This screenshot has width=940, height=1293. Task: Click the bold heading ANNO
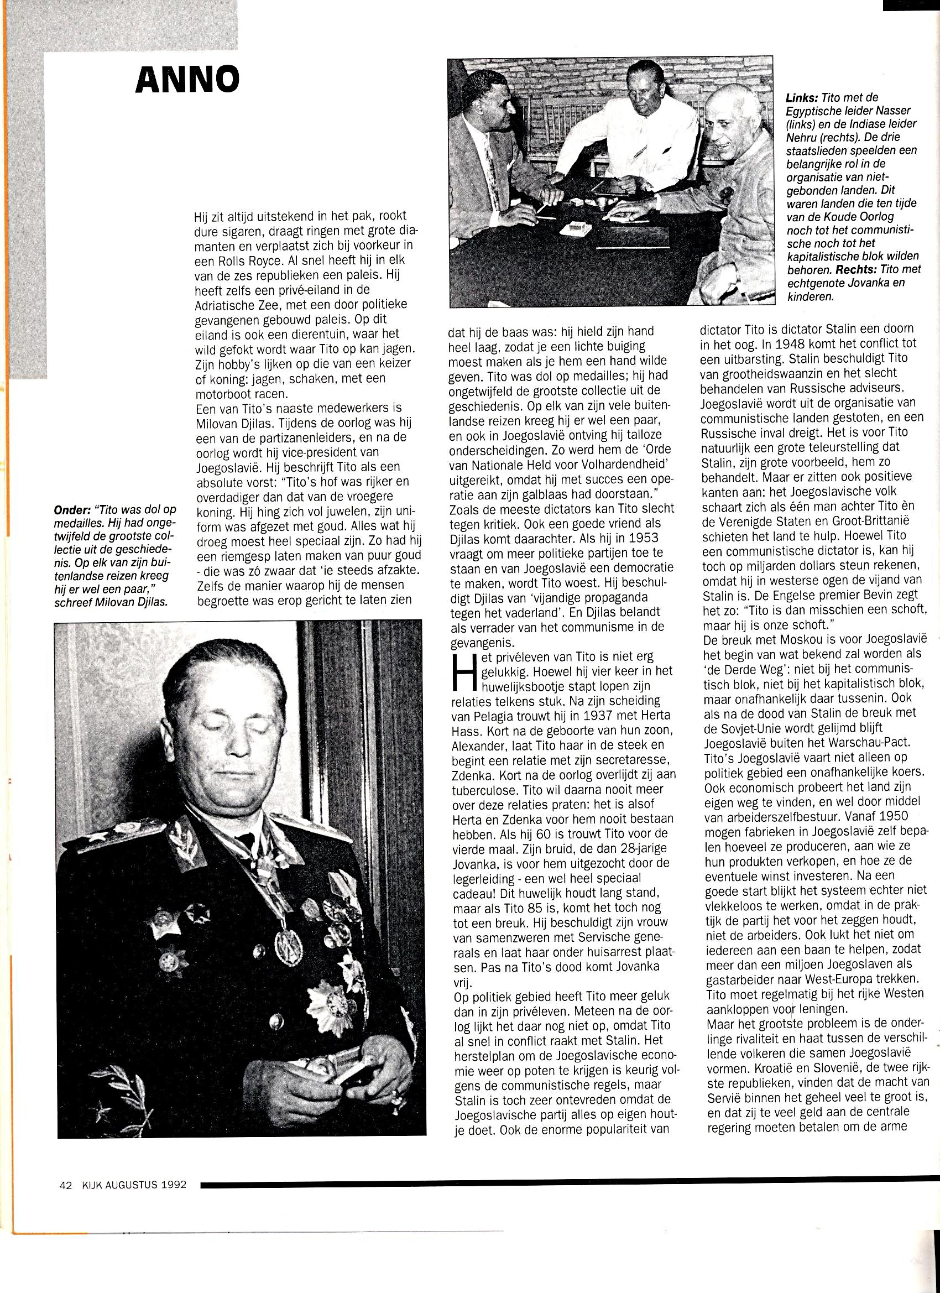(187, 80)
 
